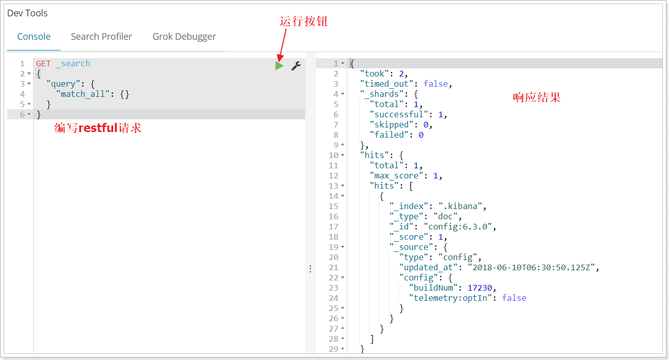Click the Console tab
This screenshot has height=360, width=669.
coord(34,36)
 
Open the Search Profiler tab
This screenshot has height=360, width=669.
coord(101,36)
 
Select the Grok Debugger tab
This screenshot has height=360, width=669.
coord(184,37)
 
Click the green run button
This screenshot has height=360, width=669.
coord(279,66)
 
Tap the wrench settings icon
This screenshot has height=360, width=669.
coord(296,66)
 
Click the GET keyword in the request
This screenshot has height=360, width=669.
coord(43,64)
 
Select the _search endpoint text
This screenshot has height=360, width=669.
coord(73,64)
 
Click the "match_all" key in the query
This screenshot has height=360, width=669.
coord(83,94)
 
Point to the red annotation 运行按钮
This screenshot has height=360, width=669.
coord(303,21)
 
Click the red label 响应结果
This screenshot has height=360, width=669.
coord(536,97)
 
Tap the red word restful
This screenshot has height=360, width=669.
coord(98,128)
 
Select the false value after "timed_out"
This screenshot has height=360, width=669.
coord(435,84)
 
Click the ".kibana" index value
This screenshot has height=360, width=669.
coord(460,206)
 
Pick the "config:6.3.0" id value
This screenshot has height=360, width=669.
coord(457,227)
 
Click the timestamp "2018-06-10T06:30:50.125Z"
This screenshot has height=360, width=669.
coord(531,267)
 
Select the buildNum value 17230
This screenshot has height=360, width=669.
coord(480,288)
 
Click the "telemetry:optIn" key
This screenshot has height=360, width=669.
coord(450,298)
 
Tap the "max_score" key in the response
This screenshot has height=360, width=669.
coord(396,176)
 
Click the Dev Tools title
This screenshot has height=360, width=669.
coord(27,13)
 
